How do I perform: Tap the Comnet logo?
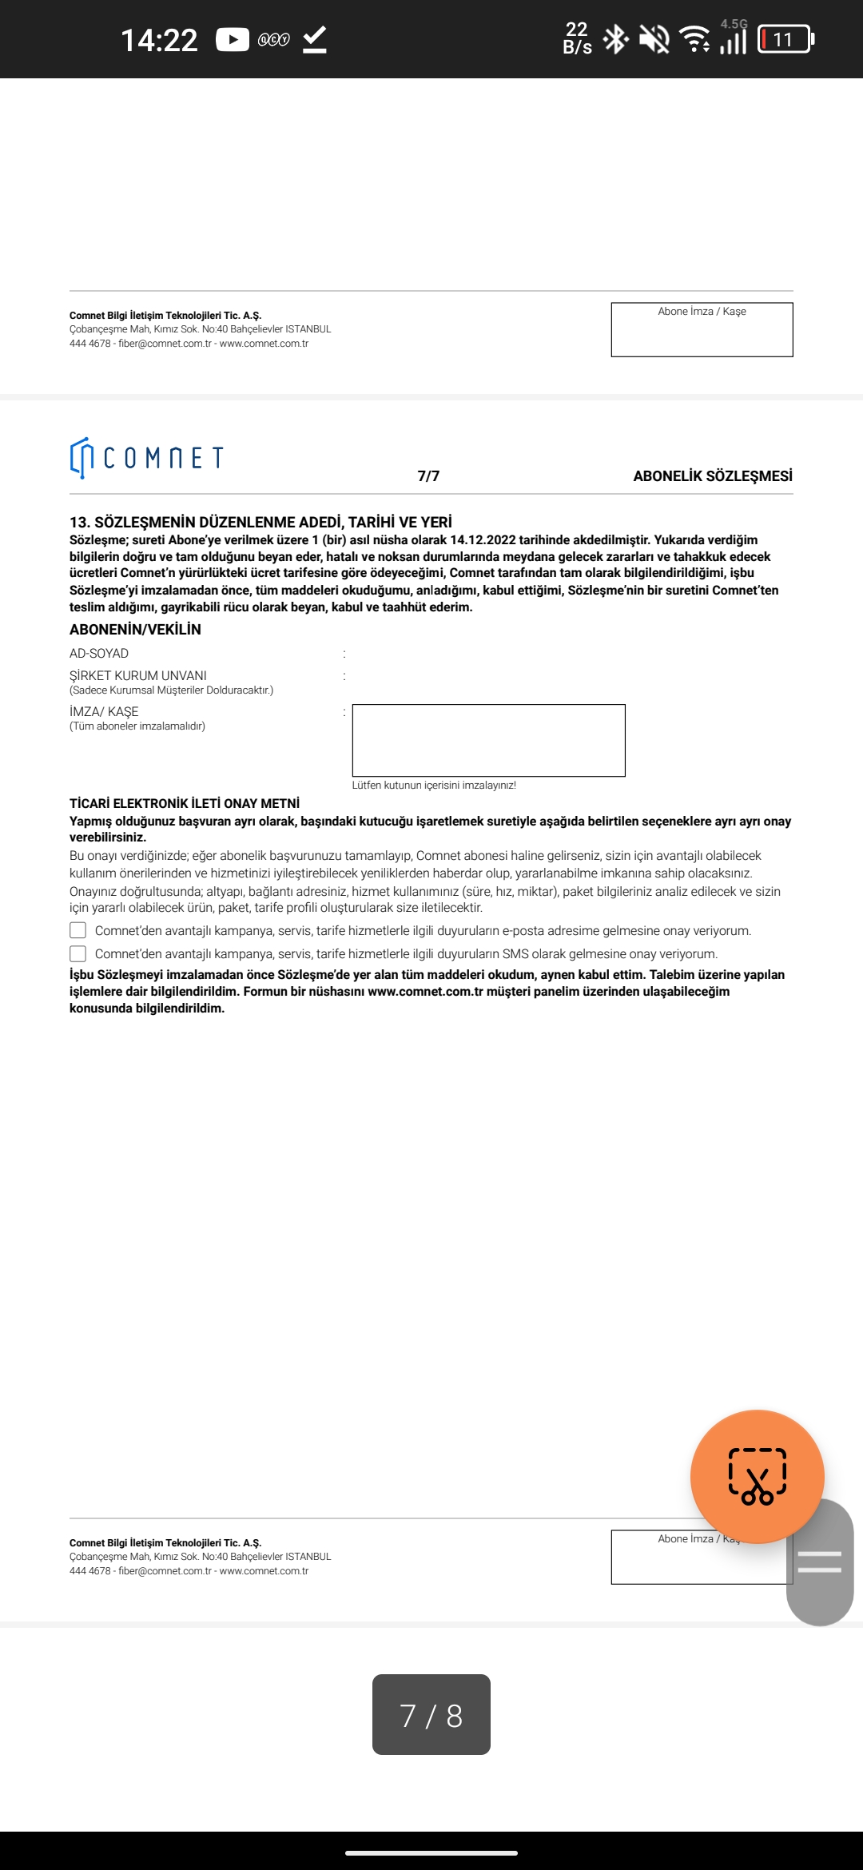[x=146, y=457]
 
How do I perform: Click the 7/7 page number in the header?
[x=428, y=476]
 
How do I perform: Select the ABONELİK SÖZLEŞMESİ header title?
[x=713, y=476]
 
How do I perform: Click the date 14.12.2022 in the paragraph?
[x=483, y=540]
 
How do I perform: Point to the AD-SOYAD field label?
[x=99, y=654]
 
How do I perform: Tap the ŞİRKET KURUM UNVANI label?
[x=138, y=676]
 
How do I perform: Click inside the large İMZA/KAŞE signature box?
[x=488, y=740]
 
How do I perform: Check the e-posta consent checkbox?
[x=78, y=930]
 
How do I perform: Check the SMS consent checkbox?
[x=78, y=953]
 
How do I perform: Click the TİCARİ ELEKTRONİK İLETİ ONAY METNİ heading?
[x=185, y=803]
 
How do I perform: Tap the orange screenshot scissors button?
[x=757, y=1476]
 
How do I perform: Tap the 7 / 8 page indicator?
[x=431, y=1715]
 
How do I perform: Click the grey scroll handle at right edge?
[x=820, y=1562]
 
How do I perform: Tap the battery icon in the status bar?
[x=785, y=39]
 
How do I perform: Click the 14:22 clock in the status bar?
[x=159, y=40]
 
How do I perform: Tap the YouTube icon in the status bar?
[x=233, y=39]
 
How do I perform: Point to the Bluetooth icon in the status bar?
[x=615, y=39]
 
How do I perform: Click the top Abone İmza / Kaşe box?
[x=702, y=330]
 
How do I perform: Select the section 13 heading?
[x=260, y=523]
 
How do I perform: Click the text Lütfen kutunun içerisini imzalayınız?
[x=434, y=786]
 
